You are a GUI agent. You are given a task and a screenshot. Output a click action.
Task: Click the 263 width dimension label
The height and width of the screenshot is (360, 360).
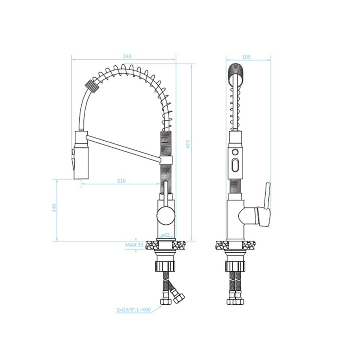point(127,56)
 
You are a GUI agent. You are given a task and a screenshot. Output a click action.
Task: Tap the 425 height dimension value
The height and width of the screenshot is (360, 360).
point(188,144)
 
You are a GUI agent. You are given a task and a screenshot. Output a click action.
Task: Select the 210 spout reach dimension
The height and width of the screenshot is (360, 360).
point(121,181)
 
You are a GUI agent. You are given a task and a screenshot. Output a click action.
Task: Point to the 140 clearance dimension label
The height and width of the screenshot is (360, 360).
point(54,207)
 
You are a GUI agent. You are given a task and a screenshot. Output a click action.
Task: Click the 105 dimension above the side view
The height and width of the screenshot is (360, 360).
point(246,57)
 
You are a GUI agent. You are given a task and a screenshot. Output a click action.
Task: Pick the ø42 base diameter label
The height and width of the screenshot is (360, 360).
point(165,235)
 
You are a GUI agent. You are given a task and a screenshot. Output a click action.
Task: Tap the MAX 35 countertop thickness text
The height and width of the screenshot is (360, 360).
point(134,245)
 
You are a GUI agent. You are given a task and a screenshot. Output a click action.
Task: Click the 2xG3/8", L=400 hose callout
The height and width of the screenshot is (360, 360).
point(133,310)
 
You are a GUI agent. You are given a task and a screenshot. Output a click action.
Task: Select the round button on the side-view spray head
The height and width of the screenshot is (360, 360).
point(235,152)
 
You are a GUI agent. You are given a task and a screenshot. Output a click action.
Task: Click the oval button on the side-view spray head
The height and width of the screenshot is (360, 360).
point(235,165)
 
